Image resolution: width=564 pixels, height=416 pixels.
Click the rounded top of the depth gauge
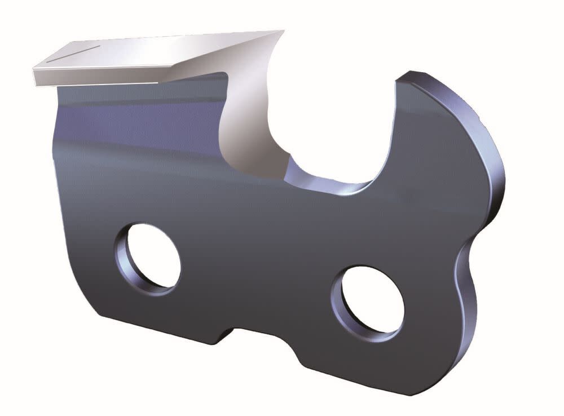(x=420, y=76)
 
